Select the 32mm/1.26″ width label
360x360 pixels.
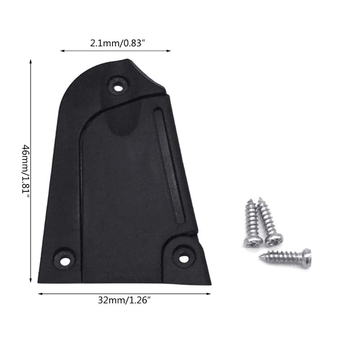(124, 301)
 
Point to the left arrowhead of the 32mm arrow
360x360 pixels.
(39, 294)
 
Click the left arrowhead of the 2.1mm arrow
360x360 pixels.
(61, 51)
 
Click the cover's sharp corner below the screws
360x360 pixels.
(210, 284)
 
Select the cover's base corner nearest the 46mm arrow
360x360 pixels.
(39, 282)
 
